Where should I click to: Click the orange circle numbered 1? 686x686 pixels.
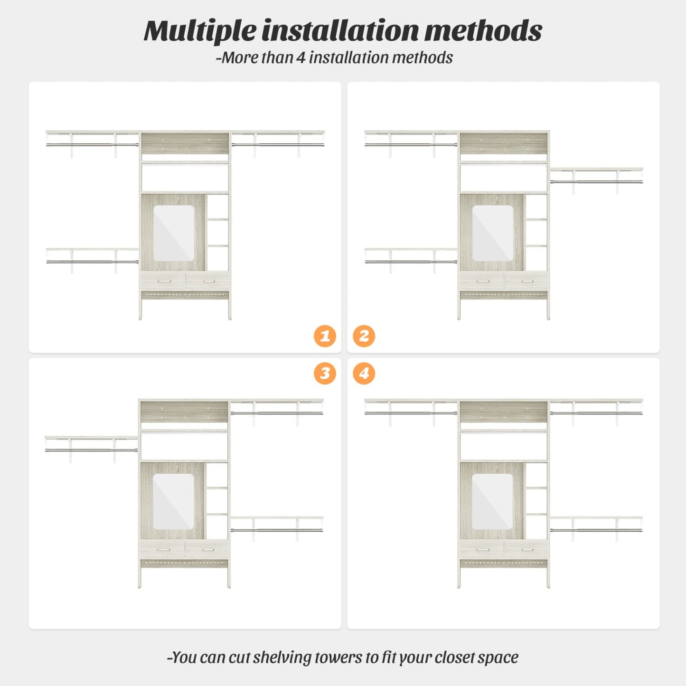coord(325,336)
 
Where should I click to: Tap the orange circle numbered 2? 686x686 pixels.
coord(364,336)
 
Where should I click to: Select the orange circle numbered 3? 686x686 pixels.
coord(325,374)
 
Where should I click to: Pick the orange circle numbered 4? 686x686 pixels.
coord(364,374)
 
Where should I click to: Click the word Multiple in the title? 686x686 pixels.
coord(200,32)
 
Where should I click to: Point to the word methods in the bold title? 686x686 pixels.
coord(483,31)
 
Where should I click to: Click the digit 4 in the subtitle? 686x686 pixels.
coord(301,57)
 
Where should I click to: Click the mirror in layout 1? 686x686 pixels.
coord(174,233)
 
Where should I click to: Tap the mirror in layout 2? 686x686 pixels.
coord(493,233)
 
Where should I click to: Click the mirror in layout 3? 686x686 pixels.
coord(173,501)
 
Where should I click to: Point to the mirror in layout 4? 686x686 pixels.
coord(492,501)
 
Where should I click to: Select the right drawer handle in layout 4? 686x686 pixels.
coord(527,550)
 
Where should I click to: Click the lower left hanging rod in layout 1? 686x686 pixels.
coord(92,262)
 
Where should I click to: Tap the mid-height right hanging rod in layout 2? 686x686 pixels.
coord(597,182)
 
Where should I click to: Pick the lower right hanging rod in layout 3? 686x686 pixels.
coord(277,530)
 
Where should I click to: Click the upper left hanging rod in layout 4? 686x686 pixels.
coord(411,413)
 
